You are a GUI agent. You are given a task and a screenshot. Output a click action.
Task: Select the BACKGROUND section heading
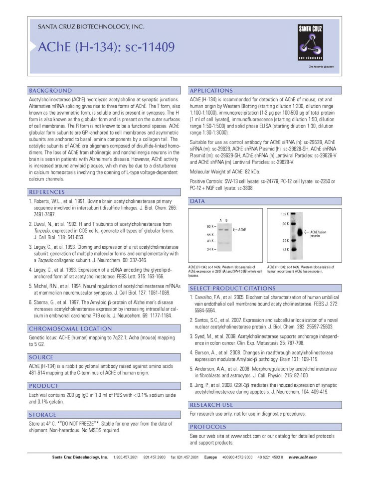(50, 91)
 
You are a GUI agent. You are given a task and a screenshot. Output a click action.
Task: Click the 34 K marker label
(211, 248)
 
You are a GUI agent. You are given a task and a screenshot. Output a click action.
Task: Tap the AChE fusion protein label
(318, 233)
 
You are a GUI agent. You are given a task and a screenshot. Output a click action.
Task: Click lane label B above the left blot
(226, 220)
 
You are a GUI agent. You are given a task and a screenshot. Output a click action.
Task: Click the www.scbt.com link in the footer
(302, 457)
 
